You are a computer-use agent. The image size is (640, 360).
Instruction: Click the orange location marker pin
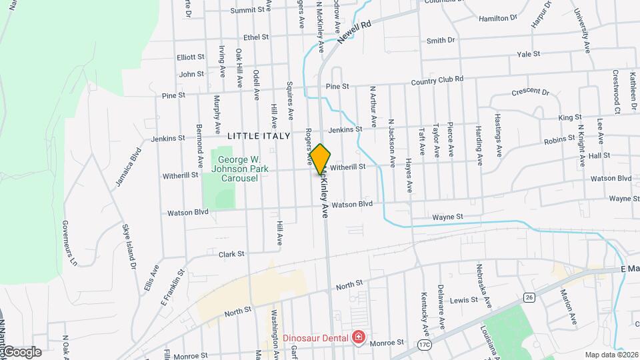[x=320, y=159]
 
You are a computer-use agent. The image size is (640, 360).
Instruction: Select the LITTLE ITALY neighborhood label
[x=259, y=136]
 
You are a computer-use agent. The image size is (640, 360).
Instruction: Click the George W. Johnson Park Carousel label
[x=240, y=169]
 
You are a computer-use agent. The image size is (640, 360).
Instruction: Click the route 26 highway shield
[x=529, y=296]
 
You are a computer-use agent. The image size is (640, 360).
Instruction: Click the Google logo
[x=21, y=351]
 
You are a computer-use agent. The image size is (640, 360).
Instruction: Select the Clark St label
[x=231, y=254]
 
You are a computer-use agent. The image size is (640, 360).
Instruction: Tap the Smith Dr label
[x=440, y=41]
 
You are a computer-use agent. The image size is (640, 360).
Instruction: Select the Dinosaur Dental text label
[x=316, y=337]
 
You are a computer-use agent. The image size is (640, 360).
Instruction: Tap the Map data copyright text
[x=611, y=354]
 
